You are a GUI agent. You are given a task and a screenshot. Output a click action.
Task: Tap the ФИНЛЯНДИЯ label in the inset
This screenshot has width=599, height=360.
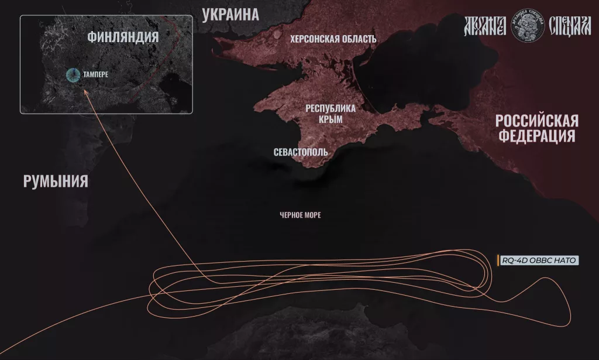(123, 37)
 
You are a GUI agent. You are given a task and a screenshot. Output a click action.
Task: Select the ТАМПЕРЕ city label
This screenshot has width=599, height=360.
(96, 75)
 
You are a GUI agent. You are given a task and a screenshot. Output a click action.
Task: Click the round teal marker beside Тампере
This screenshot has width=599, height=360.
(73, 75)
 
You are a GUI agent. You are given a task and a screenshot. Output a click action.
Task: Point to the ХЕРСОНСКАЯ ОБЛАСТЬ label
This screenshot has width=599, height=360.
(333, 39)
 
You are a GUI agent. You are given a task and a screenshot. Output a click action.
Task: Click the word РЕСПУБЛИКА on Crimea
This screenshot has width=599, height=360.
(331, 108)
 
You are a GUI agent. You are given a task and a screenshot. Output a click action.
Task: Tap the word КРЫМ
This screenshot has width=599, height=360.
(331, 119)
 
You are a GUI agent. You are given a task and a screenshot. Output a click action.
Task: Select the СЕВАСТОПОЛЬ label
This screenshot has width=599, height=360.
(301, 152)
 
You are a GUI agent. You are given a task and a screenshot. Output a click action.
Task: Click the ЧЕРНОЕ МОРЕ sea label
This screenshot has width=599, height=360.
(300, 215)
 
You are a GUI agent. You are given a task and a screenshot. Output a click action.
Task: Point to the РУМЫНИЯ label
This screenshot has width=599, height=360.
(56, 181)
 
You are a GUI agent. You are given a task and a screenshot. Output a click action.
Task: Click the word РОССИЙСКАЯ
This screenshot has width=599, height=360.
(536, 121)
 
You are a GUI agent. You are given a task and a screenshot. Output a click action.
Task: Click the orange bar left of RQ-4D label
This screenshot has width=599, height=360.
(497, 261)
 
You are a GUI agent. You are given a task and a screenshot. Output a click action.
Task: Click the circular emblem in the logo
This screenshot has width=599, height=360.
(525, 25)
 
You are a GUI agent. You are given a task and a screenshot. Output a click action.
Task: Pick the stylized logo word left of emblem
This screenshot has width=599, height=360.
(486, 25)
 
